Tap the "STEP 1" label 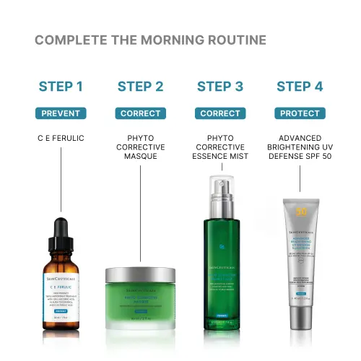pyautogui.click(x=61, y=87)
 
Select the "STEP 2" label pyautogui.click(x=140, y=87)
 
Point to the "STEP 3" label pyautogui.click(x=219, y=87)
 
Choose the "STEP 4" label pyautogui.click(x=300, y=87)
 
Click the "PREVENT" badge pyautogui.click(x=61, y=113)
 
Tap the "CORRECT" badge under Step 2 pyautogui.click(x=140, y=113)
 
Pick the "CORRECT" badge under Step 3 pyautogui.click(x=219, y=113)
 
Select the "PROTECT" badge pyautogui.click(x=300, y=113)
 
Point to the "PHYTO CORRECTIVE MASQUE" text pyautogui.click(x=140, y=146)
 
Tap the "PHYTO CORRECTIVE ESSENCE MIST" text pyautogui.click(x=219, y=146)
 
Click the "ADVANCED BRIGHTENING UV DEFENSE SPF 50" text pyautogui.click(x=300, y=146)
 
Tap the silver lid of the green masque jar pyautogui.click(x=140, y=276)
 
